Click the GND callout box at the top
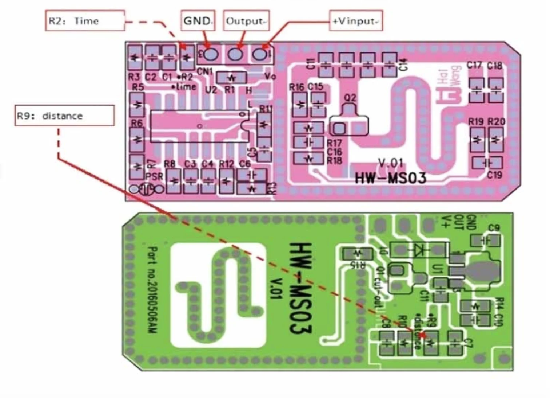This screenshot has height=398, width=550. click(198, 20)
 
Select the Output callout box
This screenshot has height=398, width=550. click(246, 21)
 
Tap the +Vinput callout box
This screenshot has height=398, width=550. click(356, 21)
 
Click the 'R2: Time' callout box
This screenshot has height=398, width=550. click(85, 21)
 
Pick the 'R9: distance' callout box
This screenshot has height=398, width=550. click(64, 116)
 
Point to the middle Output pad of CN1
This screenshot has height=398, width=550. click(235, 54)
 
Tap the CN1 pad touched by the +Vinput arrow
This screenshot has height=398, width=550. click(259, 54)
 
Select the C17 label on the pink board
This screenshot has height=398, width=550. click(475, 65)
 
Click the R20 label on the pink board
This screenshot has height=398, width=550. click(496, 122)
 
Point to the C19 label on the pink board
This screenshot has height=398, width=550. click(494, 175)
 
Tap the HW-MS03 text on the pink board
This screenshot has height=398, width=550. click(390, 178)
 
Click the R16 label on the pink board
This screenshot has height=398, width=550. click(296, 87)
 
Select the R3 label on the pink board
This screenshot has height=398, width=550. click(134, 77)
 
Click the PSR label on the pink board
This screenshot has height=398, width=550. click(154, 177)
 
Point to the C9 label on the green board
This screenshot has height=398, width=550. click(493, 228)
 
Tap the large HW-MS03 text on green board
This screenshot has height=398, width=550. click(300, 288)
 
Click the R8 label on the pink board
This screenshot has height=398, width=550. click(170, 164)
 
